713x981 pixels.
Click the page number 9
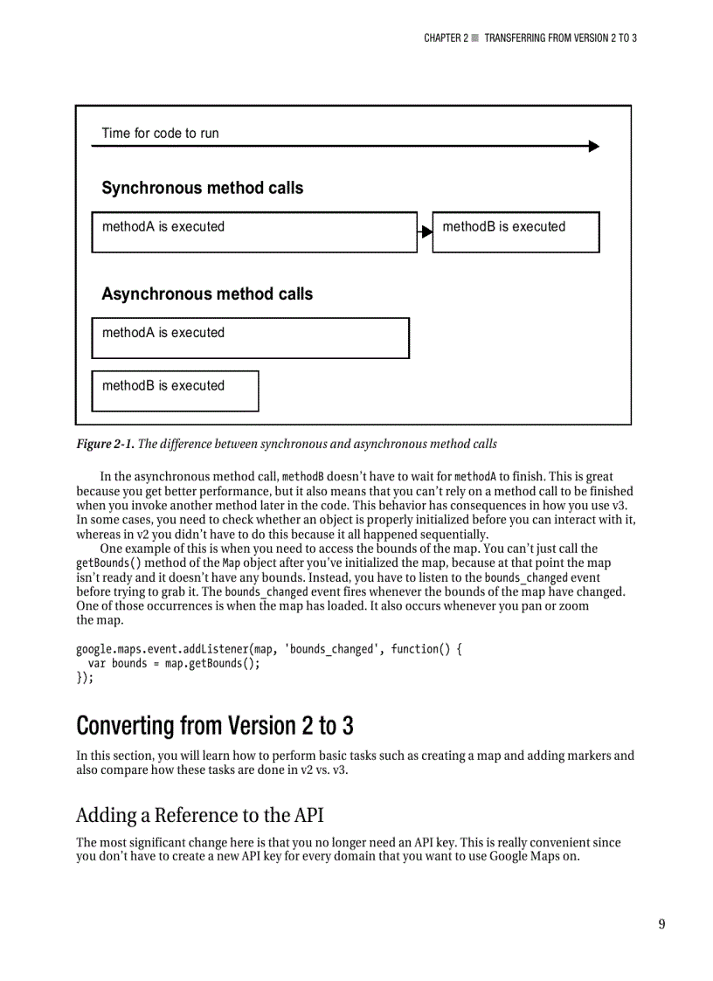[x=661, y=924]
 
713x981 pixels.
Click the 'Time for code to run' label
[x=160, y=133]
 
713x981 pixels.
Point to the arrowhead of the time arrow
[x=594, y=146]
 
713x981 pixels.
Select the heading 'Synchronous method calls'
[x=203, y=188]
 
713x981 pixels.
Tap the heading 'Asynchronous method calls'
[x=207, y=294]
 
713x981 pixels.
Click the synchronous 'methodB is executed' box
[x=516, y=231]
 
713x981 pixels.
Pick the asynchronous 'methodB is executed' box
[x=175, y=390]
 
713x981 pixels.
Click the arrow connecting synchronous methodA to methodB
[x=426, y=231]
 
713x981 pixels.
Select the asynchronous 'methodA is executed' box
[x=250, y=337]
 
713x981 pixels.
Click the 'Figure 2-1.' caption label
[x=105, y=444]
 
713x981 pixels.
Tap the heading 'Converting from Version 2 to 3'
[x=215, y=726]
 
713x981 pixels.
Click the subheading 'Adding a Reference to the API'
[x=199, y=815]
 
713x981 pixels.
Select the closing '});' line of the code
[x=85, y=677]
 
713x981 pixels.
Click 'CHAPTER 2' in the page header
[x=446, y=38]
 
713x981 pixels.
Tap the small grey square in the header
[x=475, y=38]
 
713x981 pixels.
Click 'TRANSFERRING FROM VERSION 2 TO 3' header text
[x=560, y=38]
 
